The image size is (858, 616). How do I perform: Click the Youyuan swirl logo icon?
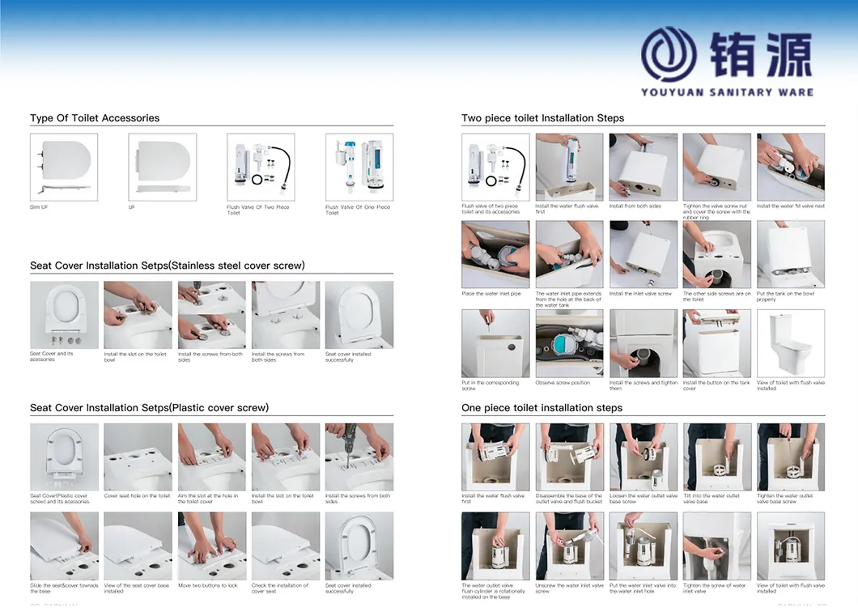pyautogui.click(x=674, y=53)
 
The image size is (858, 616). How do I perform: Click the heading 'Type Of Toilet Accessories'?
pyautogui.click(x=95, y=118)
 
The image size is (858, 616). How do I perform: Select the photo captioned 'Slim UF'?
pyautogui.click(x=64, y=168)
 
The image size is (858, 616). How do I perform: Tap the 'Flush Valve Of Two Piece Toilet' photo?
pyautogui.click(x=261, y=168)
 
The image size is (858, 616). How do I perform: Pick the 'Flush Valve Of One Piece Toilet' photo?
pyautogui.click(x=359, y=168)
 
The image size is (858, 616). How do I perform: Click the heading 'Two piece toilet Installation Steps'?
pyautogui.click(x=542, y=118)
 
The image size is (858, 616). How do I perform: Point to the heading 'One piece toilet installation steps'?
pyautogui.click(x=542, y=408)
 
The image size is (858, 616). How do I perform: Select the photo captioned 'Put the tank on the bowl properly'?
pyautogui.click(x=791, y=254)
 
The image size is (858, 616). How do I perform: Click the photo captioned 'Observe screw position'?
pyautogui.click(x=569, y=343)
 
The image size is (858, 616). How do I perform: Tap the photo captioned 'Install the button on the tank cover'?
pyautogui.click(x=717, y=343)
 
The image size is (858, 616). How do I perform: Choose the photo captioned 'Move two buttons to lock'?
pyautogui.click(x=211, y=546)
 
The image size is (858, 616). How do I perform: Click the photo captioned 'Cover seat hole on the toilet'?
pyautogui.click(x=138, y=457)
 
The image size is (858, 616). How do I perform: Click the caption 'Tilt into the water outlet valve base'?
pyautogui.click(x=711, y=499)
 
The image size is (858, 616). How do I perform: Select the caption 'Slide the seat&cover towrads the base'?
pyautogui.click(x=64, y=588)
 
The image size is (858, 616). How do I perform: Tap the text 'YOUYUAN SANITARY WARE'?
pyautogui.click(x=727, y=92)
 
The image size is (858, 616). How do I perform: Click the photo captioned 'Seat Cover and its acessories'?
pyautogui.click(x=64, y=315)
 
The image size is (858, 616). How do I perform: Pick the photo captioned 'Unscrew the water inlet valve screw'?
pyautogui.click(x=569, y=546)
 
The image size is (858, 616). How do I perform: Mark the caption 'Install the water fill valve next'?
pyautogui.click(x=791, y=206)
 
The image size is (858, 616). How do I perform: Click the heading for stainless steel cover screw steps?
pyautogui.click(x=168, y=266)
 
